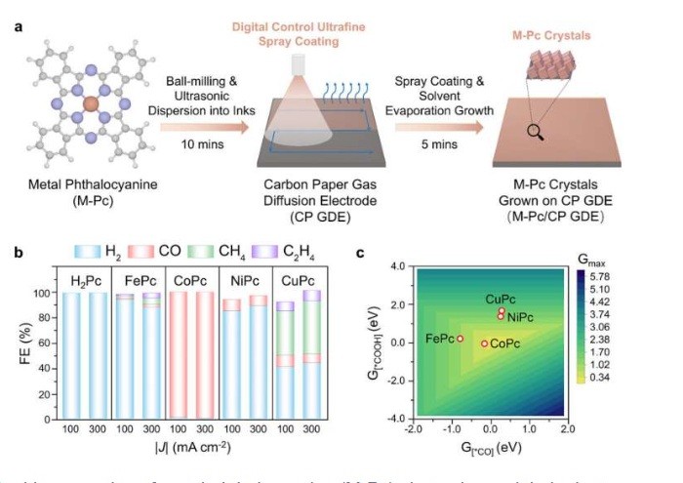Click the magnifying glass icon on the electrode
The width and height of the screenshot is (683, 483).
[534, 131]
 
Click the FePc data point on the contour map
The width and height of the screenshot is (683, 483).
[460, 339]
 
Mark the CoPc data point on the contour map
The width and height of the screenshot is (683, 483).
[484, 343]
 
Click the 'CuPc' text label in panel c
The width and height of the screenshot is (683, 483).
[502, 299]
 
